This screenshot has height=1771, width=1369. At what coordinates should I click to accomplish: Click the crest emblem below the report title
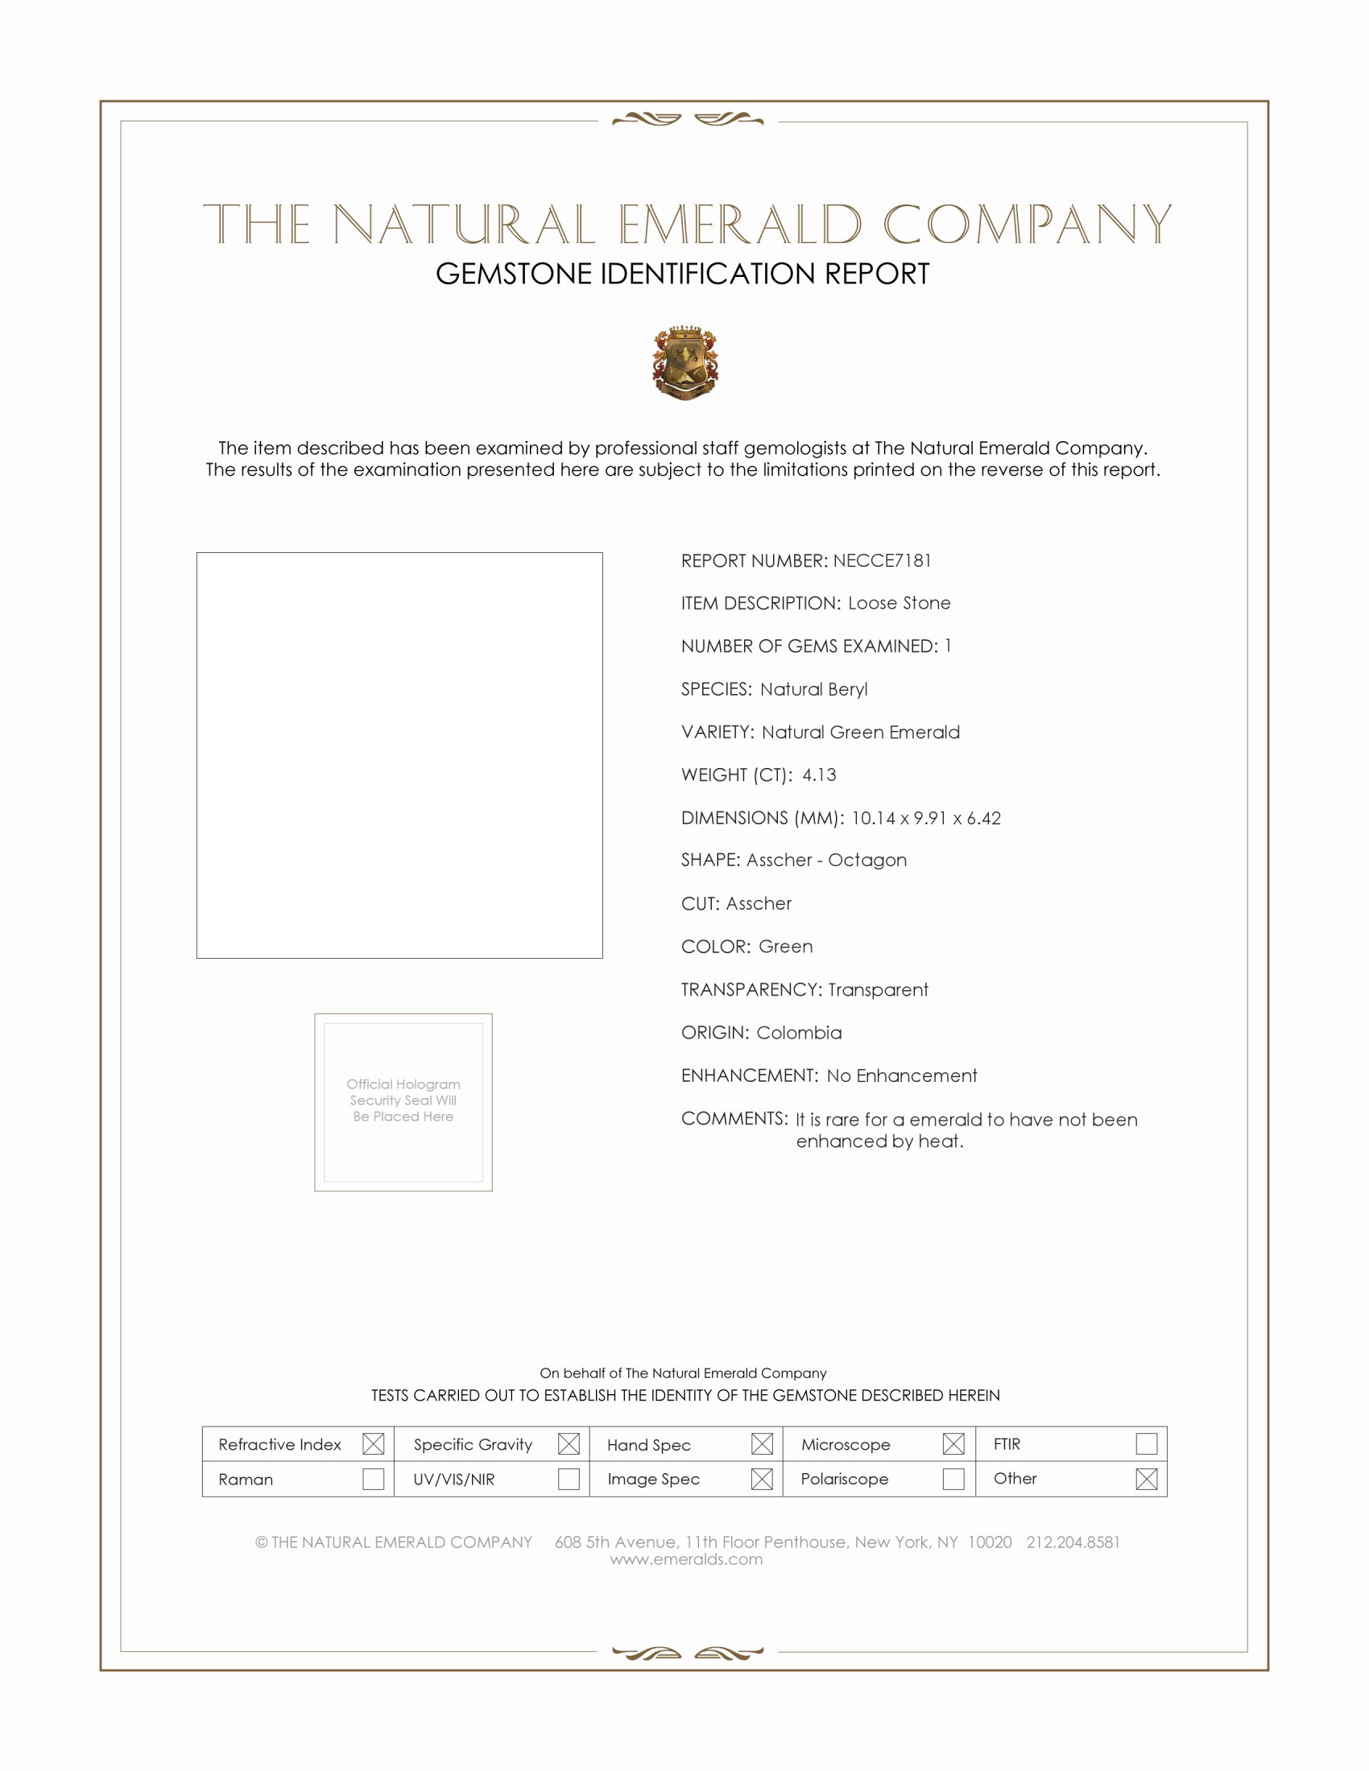pos(685,362)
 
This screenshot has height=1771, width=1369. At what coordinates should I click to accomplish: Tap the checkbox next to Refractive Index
pos(373,1444)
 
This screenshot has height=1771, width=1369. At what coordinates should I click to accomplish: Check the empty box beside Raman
pos(373,1479)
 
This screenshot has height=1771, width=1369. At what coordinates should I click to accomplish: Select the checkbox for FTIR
pos(1146,1444)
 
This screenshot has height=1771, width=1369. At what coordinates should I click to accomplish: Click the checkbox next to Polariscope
pos(953,1479)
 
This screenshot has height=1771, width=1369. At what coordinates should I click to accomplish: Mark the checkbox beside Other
pos(1146,1479)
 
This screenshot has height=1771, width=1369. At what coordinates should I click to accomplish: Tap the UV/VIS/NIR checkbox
pos(569,1479)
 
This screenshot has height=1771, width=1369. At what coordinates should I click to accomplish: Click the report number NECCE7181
pos(882,561)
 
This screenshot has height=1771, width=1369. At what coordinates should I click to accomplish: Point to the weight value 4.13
pos(819,775)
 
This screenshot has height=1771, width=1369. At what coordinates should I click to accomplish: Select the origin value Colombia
pos(799,1033)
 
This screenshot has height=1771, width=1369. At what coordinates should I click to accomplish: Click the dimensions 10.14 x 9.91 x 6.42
pos(925,818)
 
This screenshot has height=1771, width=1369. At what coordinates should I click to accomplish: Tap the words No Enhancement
pos(902,1076)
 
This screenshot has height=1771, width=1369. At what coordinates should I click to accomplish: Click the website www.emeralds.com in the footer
pos(686,1559)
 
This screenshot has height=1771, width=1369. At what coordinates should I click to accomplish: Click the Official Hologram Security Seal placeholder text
pos(403,1100)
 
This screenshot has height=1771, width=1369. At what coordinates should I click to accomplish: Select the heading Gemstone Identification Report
pos(682,274)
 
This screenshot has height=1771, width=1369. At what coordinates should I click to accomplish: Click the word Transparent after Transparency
pos(878,990)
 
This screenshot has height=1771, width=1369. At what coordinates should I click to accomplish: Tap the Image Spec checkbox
pos(762,1479)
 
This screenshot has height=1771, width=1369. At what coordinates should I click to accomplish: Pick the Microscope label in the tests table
pos(845,1445)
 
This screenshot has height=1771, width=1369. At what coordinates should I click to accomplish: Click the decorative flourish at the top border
pos(688,120)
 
